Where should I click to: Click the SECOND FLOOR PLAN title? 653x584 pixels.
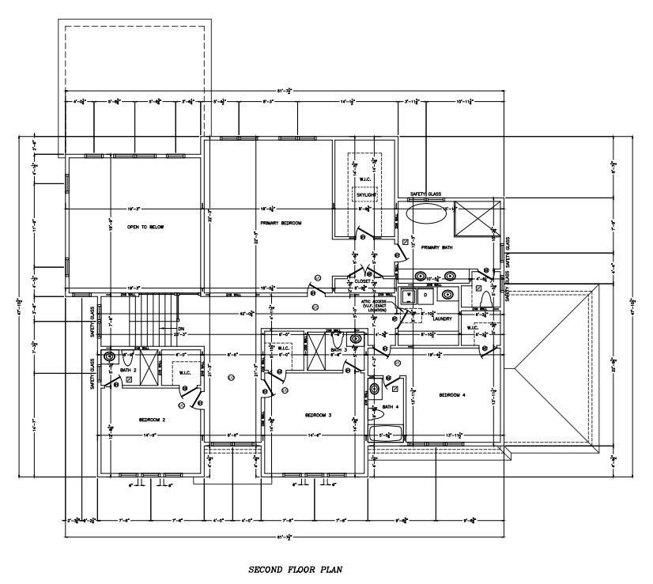[x=294, y=568]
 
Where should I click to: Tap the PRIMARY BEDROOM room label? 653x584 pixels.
[x=281, y=224]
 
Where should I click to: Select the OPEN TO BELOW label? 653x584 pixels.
[x=145, y=227]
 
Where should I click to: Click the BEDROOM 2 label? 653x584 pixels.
[x=151, y=420]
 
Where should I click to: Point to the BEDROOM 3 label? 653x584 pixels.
[x=318, y=414]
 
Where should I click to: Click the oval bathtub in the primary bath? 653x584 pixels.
[x=426, y=214]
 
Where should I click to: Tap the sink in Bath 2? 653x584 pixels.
[x=109, y=356]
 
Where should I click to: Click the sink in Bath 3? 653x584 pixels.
[x=356, y=339]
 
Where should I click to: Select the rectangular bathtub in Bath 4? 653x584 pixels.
[x=386, y=434]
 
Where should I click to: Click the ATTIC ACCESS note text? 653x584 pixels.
[x=372, y=304]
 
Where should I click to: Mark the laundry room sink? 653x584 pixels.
[x=447, y=295]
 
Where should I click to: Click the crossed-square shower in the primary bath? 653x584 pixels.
[x=478, y=217]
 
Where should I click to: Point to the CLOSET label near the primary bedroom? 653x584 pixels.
[x=362, y=281]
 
